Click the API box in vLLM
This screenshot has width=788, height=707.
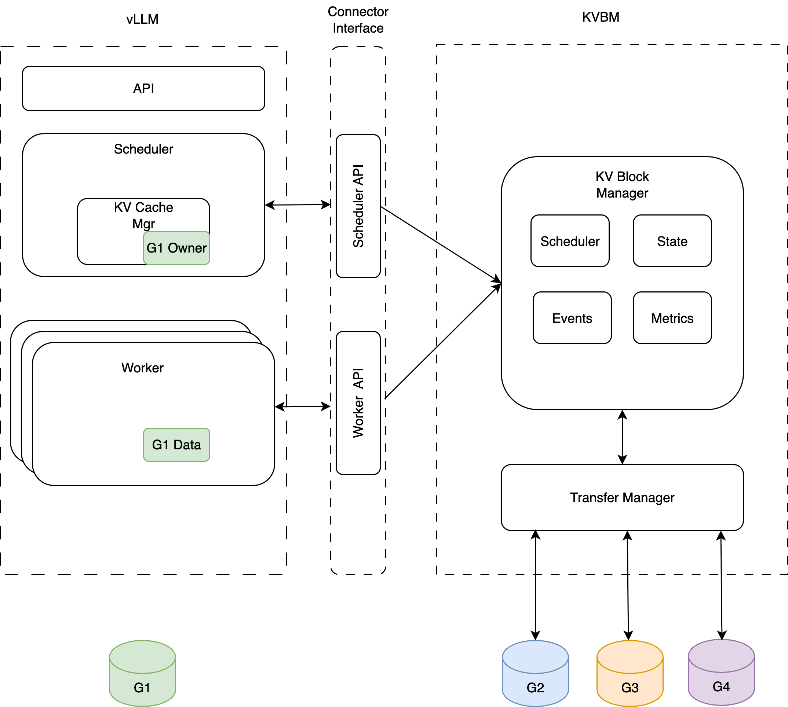click(143, 89)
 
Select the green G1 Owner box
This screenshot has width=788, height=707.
click(176, 248)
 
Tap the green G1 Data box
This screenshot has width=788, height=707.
click(176, 445)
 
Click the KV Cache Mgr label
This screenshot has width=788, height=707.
click(143, 215)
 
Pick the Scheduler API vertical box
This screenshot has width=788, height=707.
click(358, 206)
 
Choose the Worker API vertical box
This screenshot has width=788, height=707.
click(358, 403)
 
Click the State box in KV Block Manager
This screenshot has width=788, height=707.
click(672, 241)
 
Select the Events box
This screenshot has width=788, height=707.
click(572, 318)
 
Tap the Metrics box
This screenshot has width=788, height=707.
click(672, 318)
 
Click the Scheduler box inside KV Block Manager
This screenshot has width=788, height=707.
click(570, 241)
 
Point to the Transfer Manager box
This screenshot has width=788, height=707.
click(622, 498)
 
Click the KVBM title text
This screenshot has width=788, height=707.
click(601, 17)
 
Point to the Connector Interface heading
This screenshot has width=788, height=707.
click(358, 20)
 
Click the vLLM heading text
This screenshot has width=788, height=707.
click(142, 19)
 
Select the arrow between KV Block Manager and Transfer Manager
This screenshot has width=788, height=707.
click(623, 437)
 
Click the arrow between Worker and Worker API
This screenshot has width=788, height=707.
click(302, 407)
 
